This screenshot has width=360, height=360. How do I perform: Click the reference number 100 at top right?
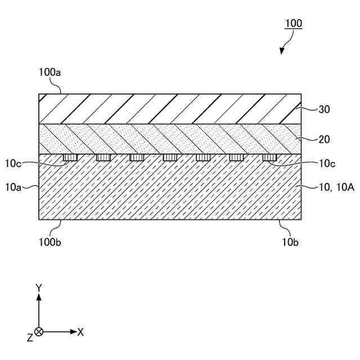(x=294, y=24)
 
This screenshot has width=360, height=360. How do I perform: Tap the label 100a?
(x=50, y=71)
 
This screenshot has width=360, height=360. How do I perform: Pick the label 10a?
(x=20, y=187)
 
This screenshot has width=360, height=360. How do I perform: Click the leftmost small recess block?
(x=70, y=157)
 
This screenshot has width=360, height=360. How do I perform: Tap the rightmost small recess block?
(x=269, y=157)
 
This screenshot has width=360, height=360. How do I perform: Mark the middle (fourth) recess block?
(x=170, y=157)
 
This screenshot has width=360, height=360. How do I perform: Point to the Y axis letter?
(x=39, y=287)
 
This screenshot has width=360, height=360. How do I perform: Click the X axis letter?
(x=80, y=332)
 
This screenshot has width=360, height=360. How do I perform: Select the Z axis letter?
(x=30, y=337)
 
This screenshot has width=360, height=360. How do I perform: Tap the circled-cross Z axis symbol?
(x=39, y=332)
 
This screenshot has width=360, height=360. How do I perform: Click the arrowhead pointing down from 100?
(x=282, y=51)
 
